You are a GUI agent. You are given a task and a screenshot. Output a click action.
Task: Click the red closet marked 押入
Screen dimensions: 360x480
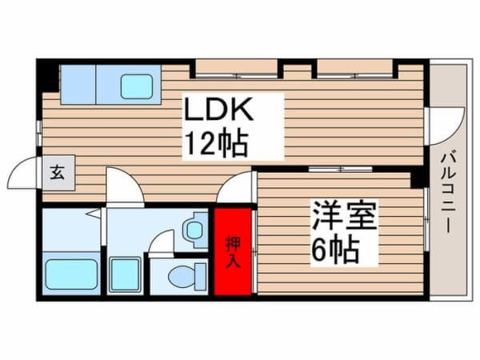(x=233, y=251)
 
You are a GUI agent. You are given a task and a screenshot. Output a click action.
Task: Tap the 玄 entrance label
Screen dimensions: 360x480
(x=58, y=172)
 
